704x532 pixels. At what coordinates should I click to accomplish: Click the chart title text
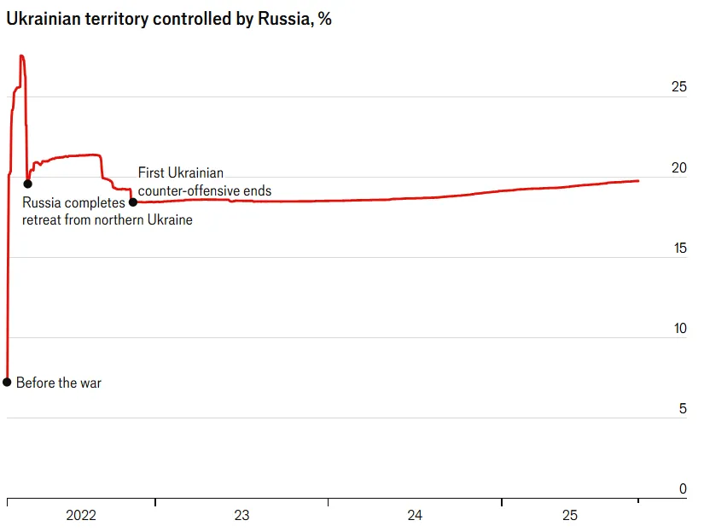click(169, 20)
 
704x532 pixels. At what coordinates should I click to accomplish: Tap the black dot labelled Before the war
click(7, 382)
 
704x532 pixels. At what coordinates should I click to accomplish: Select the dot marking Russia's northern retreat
click(27, 184)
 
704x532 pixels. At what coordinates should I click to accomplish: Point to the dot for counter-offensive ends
click(132, 202)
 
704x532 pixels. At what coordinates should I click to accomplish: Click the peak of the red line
click(21, 56)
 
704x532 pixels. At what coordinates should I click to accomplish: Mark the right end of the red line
click(638, 180)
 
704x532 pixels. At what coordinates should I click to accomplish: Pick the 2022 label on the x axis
click(81, 516)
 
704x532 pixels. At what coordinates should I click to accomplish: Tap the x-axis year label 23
click(241, 516)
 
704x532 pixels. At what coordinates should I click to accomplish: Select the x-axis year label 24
click(415, 516)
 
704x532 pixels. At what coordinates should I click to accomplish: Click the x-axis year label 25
click(569, 516)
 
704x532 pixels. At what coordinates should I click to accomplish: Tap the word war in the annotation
click(90, 383)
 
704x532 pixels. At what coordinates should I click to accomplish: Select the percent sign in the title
click(325, 20)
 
